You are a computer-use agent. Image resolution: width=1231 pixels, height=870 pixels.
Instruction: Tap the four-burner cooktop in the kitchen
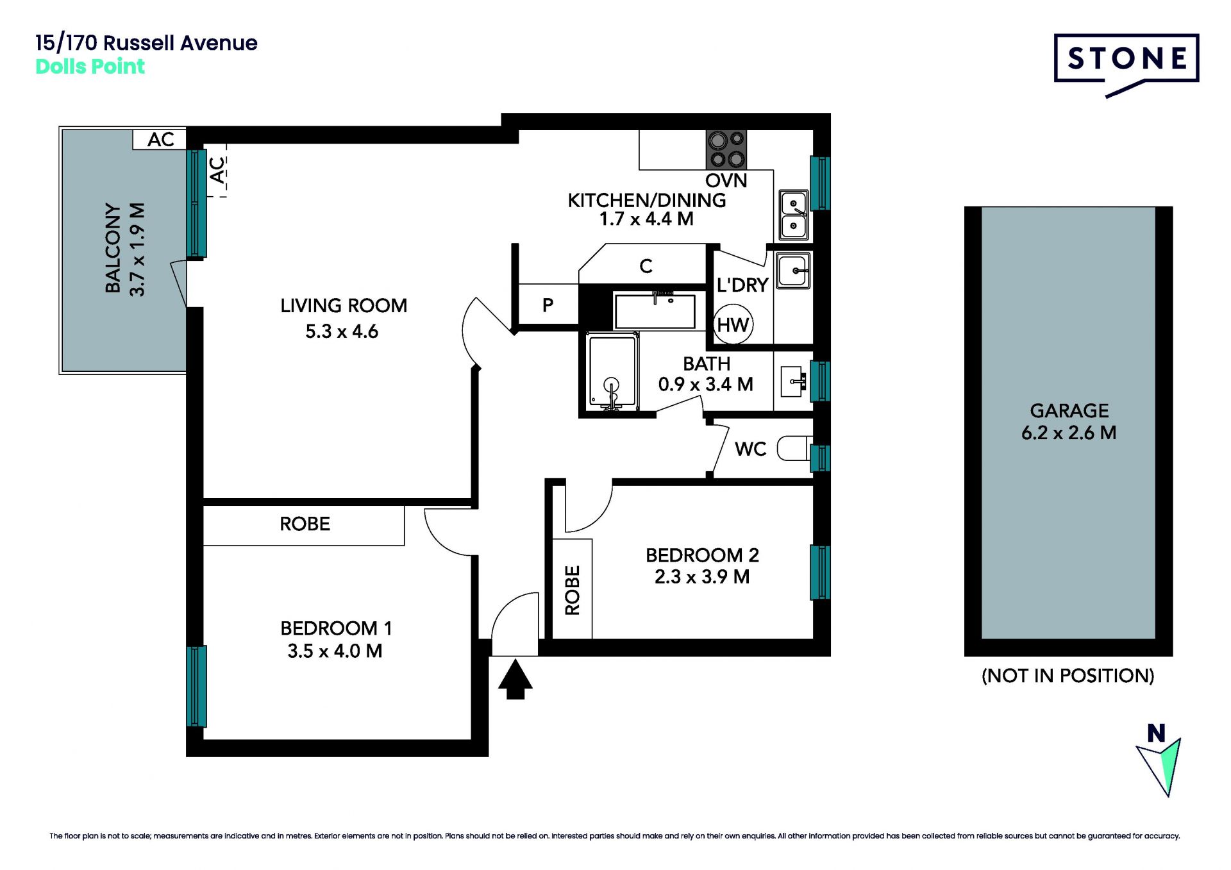[726, 149]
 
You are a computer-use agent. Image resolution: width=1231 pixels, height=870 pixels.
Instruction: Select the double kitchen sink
[793, 215]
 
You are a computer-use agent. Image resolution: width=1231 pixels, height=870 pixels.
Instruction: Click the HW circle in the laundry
[733, 325]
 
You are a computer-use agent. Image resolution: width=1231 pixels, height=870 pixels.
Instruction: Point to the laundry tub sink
[793, 271]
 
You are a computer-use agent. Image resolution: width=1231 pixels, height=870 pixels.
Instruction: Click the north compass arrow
[1160, 767]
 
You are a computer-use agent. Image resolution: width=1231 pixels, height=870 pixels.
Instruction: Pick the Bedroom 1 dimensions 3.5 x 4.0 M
[335, 651]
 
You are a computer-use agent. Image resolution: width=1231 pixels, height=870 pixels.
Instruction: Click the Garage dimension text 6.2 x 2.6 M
[1069, 433]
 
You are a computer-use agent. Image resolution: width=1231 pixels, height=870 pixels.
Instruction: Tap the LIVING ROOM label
[344, 306]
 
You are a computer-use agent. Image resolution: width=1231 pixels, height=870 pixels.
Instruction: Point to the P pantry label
[548, 305]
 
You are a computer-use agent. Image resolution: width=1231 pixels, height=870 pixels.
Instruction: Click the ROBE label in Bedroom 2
[572, 590]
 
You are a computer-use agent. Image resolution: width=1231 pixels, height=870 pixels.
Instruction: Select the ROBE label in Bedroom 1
[305, 524]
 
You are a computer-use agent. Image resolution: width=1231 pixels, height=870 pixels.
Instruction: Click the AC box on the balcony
[160, 139]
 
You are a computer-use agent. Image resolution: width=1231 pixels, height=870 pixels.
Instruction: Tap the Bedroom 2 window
[820, 573]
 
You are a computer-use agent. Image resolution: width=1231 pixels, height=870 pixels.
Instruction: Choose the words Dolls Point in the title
[90, 67]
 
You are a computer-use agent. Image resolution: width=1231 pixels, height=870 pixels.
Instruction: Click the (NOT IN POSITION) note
[1068, 676]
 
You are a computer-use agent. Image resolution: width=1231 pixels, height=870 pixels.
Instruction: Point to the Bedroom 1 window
[197, 686]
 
